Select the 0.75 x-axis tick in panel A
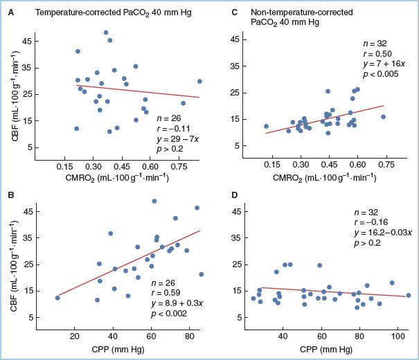(x=178, y=167)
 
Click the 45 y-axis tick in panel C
(x=235, y=39)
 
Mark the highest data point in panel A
(x=106, y=33)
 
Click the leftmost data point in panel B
(x=57, y=298)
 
